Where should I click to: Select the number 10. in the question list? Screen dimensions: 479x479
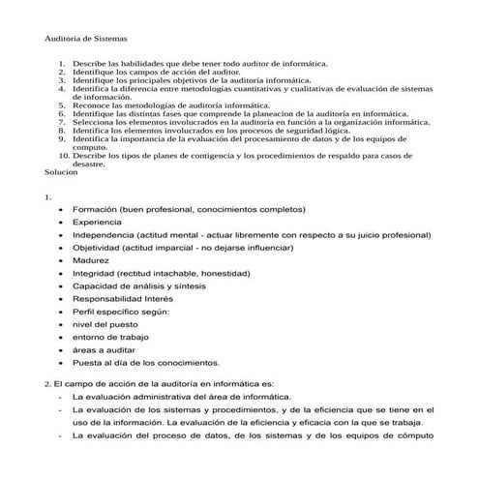[63, 155]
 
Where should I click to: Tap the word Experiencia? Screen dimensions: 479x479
[97, 222]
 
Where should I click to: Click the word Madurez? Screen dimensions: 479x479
[91, 260]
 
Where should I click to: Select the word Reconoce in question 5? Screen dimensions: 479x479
[93, 105]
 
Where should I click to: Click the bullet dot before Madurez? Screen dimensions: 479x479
[61, 260]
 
